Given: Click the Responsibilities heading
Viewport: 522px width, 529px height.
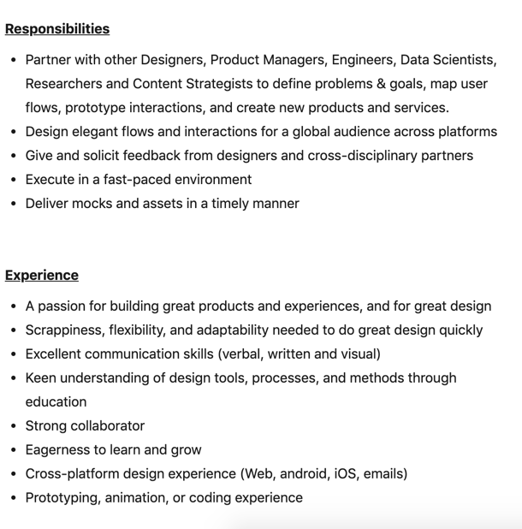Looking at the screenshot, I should pos(57,29).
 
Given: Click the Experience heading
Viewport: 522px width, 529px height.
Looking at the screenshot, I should pos(42,276).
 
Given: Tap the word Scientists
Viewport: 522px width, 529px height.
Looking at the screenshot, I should pos(462,60).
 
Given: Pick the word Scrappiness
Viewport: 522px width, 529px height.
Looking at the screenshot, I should pos(66,330).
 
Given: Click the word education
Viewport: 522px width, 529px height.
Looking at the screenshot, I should pos(56,402).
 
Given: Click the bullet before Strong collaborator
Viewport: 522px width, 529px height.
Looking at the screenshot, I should pos(13,426).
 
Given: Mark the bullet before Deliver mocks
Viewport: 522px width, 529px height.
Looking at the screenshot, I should pos(13,204).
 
